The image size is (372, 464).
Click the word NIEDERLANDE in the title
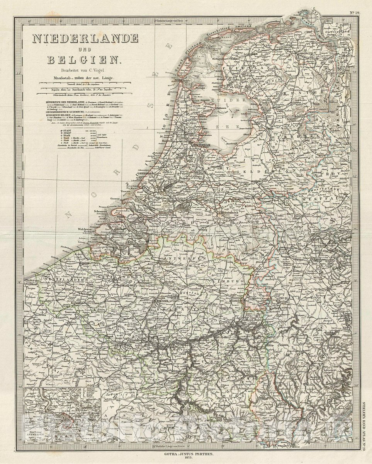coord(85,38)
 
